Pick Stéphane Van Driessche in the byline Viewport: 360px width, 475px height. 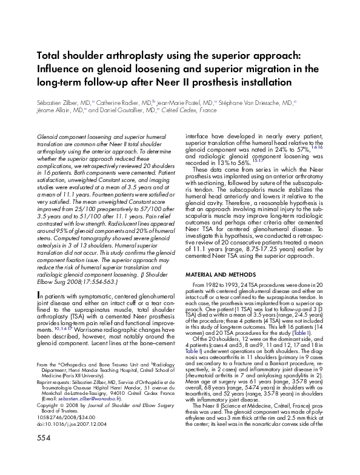tap(255, 103)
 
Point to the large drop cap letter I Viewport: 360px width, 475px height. tap(39, 295)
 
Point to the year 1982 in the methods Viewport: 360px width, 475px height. tap(214, 285)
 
